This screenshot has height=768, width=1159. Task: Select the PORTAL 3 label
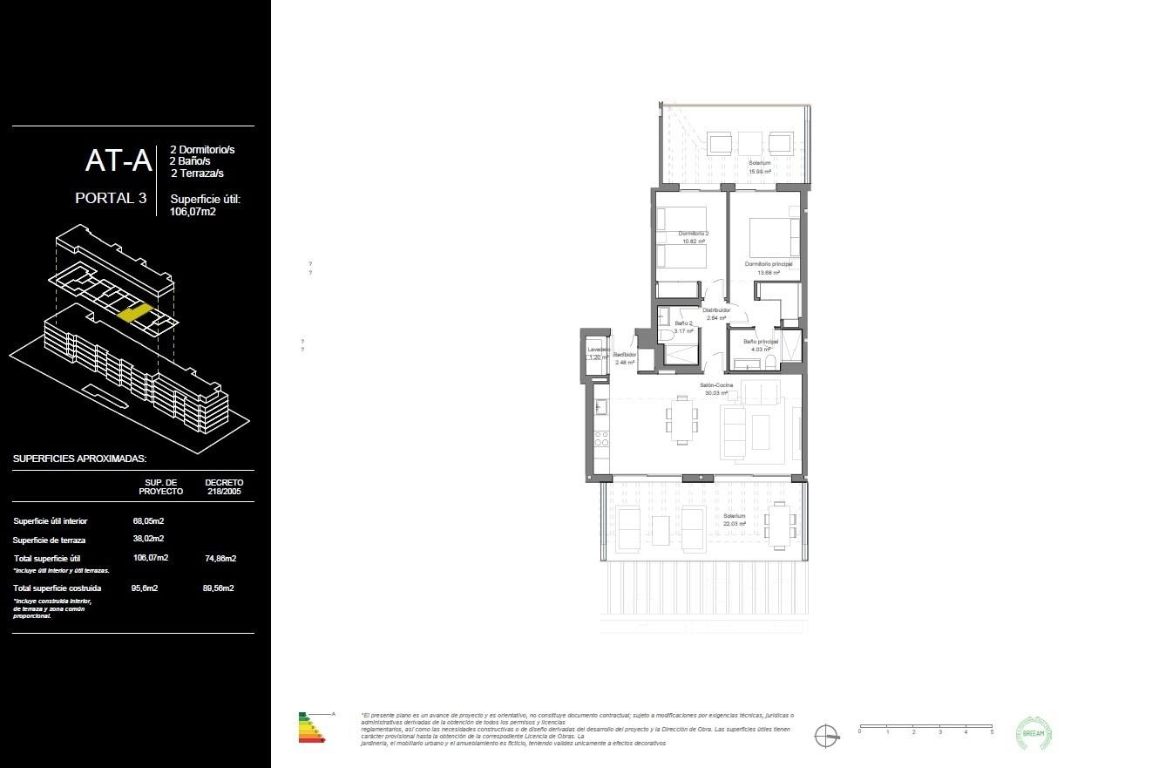[111, 198]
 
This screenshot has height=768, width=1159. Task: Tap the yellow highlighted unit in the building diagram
[133, 312]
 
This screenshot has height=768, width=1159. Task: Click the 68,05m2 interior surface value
[148, 520]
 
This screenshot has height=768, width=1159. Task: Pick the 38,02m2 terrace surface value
[148, 539]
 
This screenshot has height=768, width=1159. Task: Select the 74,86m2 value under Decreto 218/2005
[220, 558]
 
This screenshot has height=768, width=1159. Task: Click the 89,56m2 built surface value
[219, 588]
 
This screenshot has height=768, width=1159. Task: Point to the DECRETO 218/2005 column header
[224, 486]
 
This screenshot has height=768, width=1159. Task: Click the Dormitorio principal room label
[768, 263]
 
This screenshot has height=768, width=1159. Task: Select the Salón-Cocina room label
[716, 385]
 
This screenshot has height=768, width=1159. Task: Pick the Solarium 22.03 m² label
[735, 520]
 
